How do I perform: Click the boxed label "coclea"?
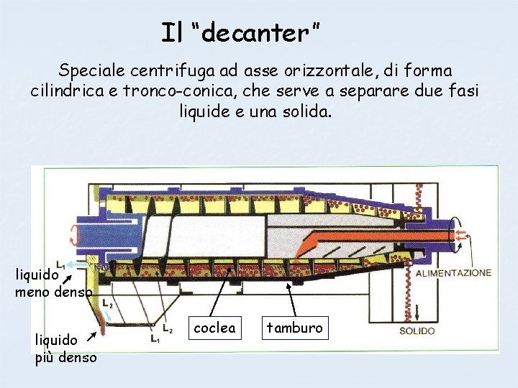pos(215,328)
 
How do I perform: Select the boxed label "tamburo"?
pos(295,328)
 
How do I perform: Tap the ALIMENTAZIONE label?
pos(454,273)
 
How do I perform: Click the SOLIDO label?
pos(417,331)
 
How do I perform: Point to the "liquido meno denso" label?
pos(52,283)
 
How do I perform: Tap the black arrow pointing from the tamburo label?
pos(291,296)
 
